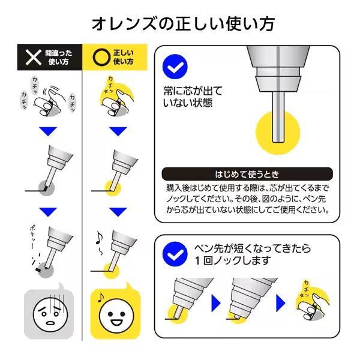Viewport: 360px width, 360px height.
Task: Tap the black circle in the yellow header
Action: point(98,56)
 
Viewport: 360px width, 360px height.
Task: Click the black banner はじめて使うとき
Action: point(246,175)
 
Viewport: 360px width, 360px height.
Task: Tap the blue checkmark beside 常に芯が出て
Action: point(175,67)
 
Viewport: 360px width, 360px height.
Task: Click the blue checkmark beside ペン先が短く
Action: point(175,253)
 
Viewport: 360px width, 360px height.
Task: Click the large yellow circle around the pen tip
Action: point(278,133)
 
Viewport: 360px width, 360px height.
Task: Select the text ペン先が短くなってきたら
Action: point(251,248)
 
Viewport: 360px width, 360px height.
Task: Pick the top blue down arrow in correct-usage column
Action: point(118,131)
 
